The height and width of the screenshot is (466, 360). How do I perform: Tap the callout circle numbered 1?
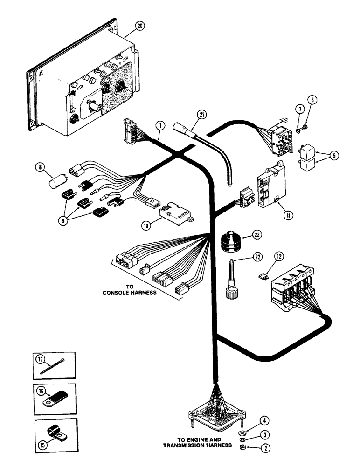click(x=159, y=125)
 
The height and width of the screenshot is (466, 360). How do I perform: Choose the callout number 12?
click(x=278, y=256)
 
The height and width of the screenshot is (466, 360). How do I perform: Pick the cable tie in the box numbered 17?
click(x=53, y=367)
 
